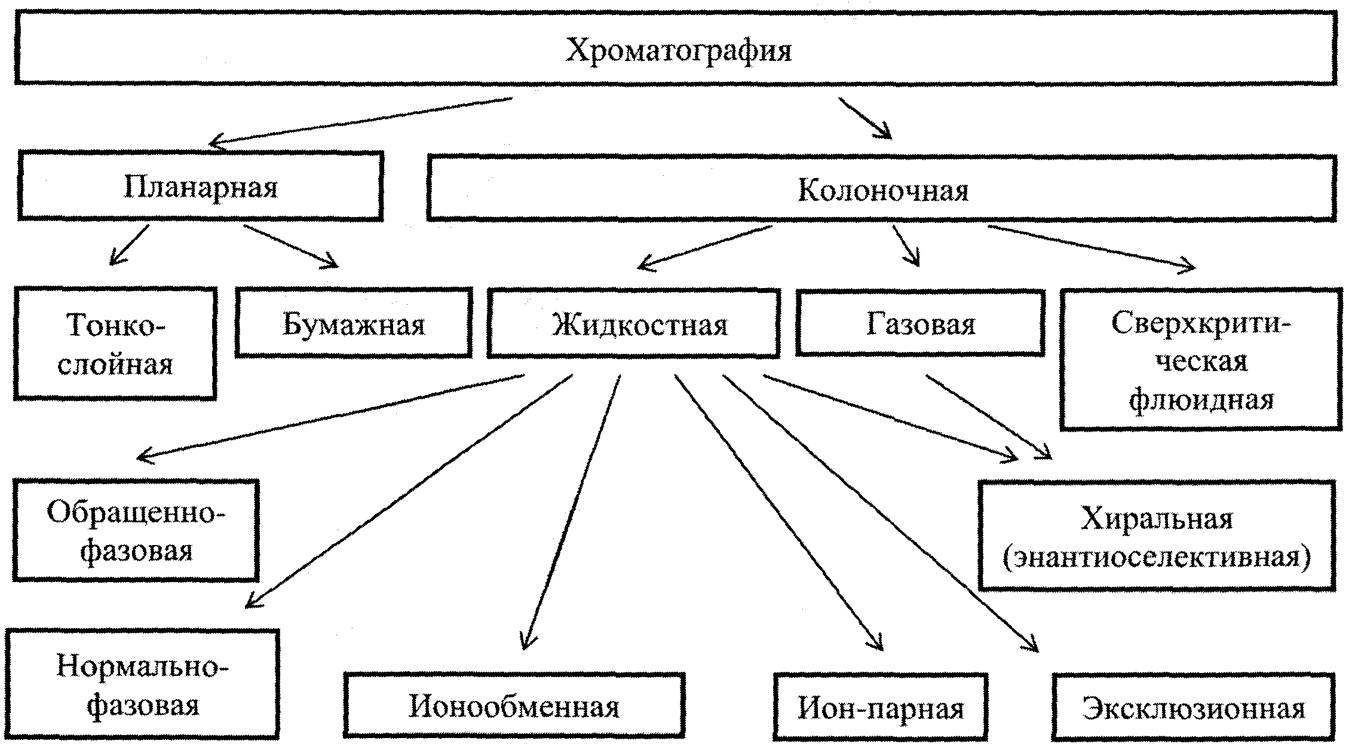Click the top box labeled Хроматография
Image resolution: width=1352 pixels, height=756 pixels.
pyautogui.click(x=676, y=49)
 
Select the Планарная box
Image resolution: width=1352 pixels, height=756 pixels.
pyautogui.click(x=201, y=186)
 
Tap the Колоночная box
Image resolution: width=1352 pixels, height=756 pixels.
pyautogui.click(x=882, y=189)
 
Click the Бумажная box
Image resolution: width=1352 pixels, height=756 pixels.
pyautogui.click(x=353, y=324)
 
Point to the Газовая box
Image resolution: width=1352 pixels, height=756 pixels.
pyautogui.click(x=920, y=323)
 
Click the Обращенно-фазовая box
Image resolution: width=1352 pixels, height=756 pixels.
pyautogui.click(x=136, y=531)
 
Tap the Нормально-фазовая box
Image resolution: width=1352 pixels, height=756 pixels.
pyautogui.click(x=142, y=684)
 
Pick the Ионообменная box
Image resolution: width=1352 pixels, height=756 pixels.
pyautogui.click(x=514, y=706)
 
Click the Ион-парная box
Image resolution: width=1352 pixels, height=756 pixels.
pyautogui.click(x=881, y=708)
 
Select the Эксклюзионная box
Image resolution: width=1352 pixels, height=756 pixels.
pyautogui.click(x=1193, y=708)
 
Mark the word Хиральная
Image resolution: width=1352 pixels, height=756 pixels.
pyautogui.click(x=1157, y=518)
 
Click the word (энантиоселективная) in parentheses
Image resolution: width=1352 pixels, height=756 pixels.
pyautogui.click(x=1157, y=556)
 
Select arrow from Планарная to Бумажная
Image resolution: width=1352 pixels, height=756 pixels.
pyautogui.click(x=290, y=246)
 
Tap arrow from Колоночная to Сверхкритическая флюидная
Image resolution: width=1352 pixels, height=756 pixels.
pyautogui.click(x=1092, y=247)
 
